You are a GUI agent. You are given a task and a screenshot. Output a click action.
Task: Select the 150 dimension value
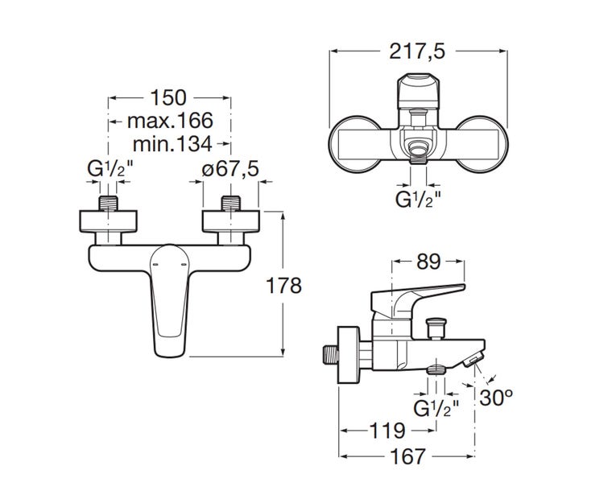click(x=170, y=98)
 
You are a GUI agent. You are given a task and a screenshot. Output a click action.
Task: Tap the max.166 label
click(x=170, y=121)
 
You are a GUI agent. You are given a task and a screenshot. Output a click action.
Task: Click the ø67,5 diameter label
click(x=229, y=171)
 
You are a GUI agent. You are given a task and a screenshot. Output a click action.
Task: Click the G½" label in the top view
click(x=418, y=198)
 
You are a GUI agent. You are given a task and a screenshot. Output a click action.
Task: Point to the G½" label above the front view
click(x=106, y=171)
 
